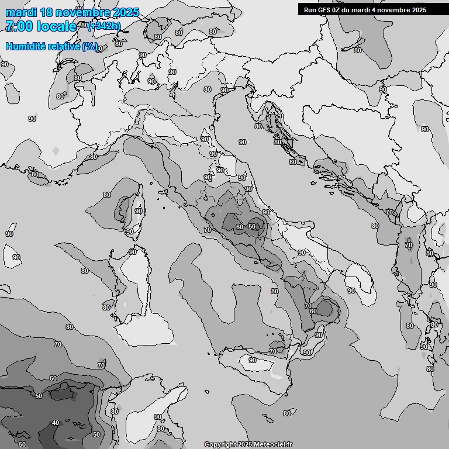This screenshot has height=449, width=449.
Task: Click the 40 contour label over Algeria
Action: coord(56,423)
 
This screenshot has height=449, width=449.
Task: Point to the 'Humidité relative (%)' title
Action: coord(52,46)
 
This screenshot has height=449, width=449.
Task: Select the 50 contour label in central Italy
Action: coord(253,227)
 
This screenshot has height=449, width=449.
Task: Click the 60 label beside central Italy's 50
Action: coord(239,227)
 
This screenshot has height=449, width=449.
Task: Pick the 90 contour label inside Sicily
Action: coord(253,361)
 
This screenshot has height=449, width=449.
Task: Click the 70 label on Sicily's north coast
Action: coord(272,351)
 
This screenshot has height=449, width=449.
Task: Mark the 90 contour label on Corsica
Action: coord(139,211)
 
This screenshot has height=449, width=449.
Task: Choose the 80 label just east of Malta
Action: coord(286,413)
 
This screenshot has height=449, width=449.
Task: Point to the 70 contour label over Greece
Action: coord(408,245)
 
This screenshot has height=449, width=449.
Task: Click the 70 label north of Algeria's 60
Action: coord(101,365)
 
